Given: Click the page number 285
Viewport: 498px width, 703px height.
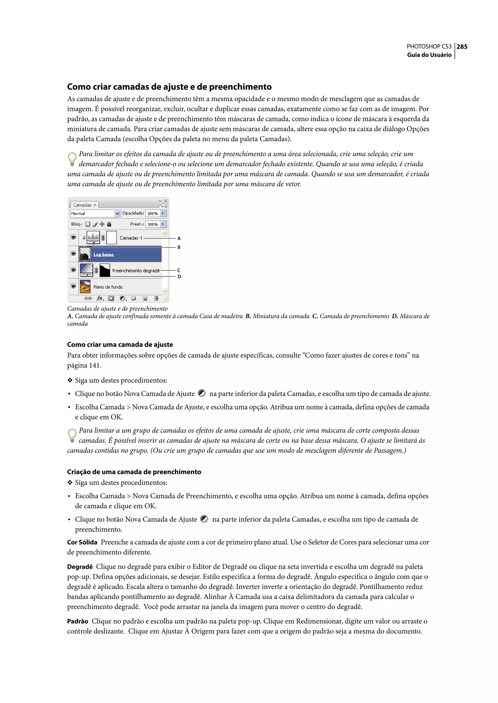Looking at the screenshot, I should [462, 47].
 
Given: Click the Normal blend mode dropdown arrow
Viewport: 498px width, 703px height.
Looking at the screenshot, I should [117, 213].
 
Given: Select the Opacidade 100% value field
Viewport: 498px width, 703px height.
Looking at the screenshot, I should [153, 213].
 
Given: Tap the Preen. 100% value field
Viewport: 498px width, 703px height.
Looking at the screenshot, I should [153, 224].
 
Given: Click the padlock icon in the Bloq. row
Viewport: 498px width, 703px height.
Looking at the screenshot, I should [109, 224].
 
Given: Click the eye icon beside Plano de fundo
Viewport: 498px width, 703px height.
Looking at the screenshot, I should [73, 286].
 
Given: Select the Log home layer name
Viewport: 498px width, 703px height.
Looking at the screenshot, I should [104, 254].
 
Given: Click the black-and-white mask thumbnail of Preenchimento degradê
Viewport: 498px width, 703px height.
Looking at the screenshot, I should [105, 270].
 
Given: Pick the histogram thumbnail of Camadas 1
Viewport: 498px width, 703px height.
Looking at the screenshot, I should [93, 237].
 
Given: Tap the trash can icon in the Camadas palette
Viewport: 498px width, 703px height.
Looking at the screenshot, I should [156, 298].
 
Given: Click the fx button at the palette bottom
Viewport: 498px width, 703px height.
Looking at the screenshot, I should [100, 298].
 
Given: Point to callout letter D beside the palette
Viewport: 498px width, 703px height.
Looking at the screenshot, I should [179, 277].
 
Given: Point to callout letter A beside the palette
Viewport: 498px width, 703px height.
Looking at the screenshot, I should [179, 238].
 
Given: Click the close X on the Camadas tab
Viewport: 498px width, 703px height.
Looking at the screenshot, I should [95, 205].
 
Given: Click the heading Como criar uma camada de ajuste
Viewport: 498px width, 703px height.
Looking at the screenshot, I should [120, 344].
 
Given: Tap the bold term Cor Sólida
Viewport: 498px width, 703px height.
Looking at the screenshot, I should [82, 542].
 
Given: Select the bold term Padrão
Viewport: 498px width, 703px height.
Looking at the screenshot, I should [78, 621].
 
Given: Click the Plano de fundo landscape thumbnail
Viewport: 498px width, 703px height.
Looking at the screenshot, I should [85, 286].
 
